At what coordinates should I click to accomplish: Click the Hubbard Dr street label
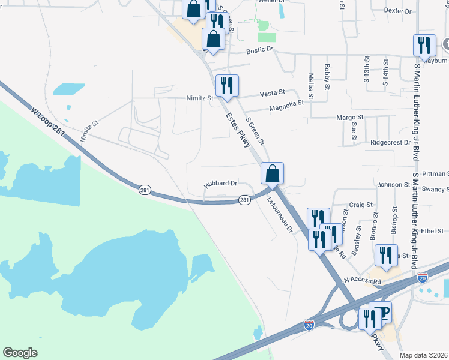(221, 184)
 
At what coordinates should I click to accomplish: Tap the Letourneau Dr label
(279, 214)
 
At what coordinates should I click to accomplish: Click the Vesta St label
(272, 94)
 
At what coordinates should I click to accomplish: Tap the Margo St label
(350, 118)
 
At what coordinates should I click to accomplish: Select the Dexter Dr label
(397, 11)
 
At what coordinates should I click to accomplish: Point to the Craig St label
(361, 205)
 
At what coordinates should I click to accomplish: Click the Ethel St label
(432, 230)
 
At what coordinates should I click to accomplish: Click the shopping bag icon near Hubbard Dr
(272, 173)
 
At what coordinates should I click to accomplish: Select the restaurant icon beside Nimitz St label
(227, 85)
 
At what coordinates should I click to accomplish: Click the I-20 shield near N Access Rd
(423, 278)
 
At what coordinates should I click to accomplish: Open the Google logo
(20, 353)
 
